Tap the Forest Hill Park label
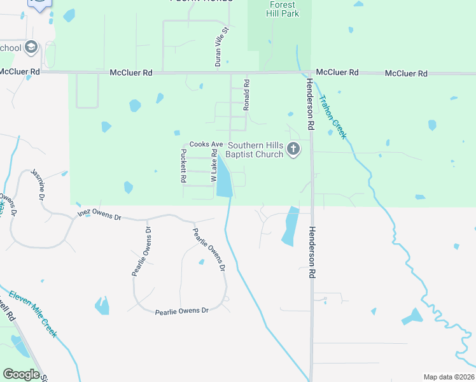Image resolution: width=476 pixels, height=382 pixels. (280, 10)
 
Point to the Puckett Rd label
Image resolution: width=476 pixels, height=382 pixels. (183, 166)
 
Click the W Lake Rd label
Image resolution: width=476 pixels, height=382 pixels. (214, 170)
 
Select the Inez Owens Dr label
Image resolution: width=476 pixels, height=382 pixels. (99, 215)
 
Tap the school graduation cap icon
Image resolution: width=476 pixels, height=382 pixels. (31, 48)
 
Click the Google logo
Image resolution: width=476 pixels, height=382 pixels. (21, 374)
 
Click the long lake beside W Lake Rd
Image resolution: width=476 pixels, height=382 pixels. (224, 180)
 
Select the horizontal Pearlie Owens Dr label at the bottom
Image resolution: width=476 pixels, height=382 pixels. (182, 311)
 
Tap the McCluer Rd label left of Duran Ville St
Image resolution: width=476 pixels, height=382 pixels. (131, 73)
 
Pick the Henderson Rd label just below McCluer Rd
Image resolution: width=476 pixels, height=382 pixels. (310, 105)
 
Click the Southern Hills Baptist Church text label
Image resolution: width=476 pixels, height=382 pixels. (255, 150)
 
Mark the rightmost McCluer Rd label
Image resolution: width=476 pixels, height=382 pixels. (406, 74)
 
